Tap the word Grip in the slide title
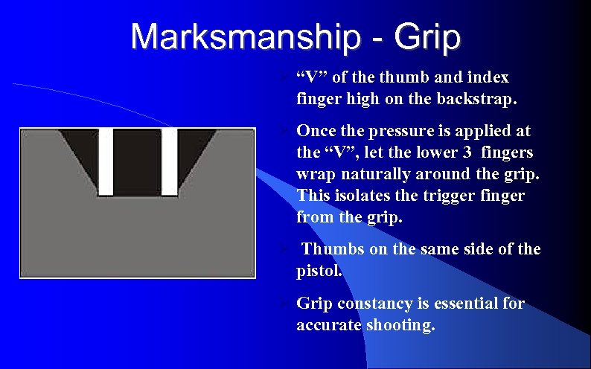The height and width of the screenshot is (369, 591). [425, 36]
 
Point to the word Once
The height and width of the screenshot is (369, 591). [317, 132]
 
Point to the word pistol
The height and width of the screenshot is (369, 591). [318, 271]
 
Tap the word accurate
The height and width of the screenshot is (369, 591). [328, 325]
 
